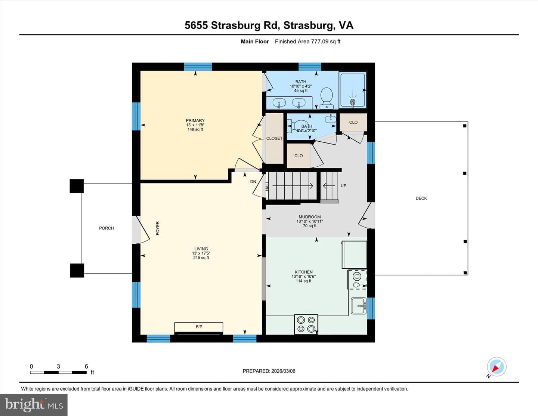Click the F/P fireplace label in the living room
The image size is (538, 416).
coord(199,327)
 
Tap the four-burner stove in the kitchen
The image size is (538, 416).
coord(306,324)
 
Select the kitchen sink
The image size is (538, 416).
coord(359,306)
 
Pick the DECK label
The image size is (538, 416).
coord(421,198)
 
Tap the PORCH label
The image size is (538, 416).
coord(106,228)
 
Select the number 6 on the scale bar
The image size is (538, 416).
coord(86,366)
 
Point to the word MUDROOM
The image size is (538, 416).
coord(309,217)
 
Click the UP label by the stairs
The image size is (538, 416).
coord(343,186)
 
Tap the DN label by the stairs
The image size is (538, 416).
coord(253,182)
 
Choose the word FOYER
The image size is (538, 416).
coord(158,228)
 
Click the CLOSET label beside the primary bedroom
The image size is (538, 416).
coord(274,138)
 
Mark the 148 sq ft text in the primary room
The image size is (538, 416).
coord(195,129)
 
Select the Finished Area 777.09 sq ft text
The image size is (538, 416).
coord(307,41)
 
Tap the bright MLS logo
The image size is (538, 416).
coord(34,405)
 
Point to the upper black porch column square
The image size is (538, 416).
coord(77,186)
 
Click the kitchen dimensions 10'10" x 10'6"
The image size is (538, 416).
coord(303,276)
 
